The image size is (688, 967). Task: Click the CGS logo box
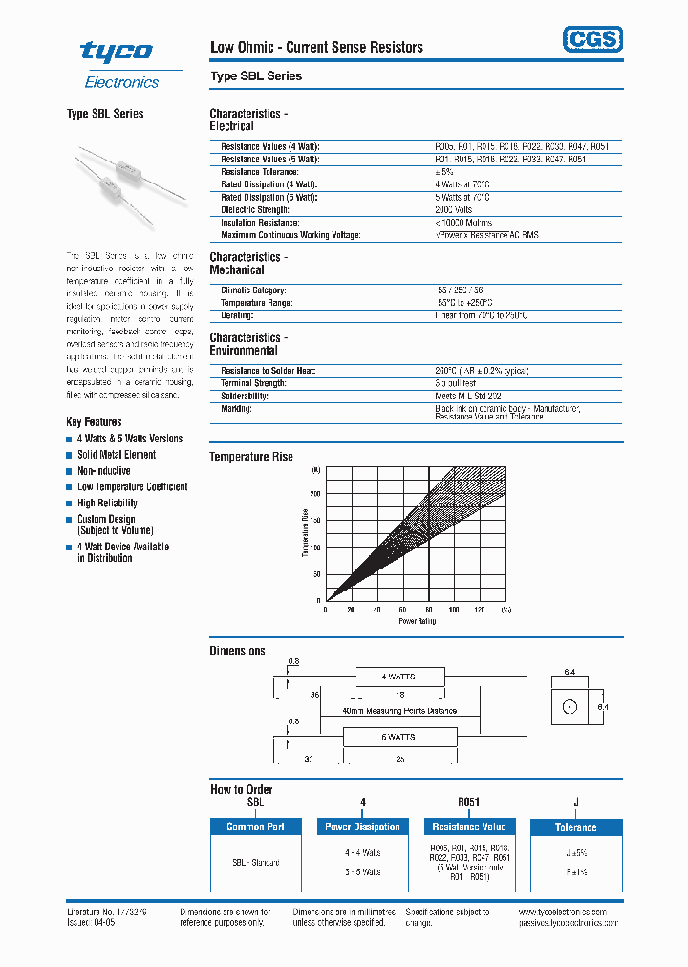pyautogui.click(x=591, y=39)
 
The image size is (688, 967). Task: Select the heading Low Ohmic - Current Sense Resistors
pyautogui.click(x=316, y=47)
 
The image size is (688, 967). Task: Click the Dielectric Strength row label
pyautogui.click(x=255, y=209)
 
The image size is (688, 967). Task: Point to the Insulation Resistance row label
pyautogui.click(x=258, y=222)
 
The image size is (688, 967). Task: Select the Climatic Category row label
pyautogui.click(x=253, y=290)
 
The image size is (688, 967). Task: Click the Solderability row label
pyautogui.click(x=245, y=396)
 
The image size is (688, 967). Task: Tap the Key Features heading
pyautogui.click(x=94, y=421)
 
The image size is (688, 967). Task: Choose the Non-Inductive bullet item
pyautogui.click(x=103, y=471)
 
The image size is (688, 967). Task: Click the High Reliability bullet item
pyautogui.click(x=107, y=503)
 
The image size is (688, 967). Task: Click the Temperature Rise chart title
pyautogui.click(x=251, y=457)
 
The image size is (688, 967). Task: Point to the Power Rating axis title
pyautogui.click(x=417, y=621)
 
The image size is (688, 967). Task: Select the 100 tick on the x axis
pyautogui.click(x=454, y=609)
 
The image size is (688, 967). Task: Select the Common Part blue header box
pyautogui.click(x=262, y=827)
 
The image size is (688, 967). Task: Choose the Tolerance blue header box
pyautogui.click(x=575, y=827)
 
